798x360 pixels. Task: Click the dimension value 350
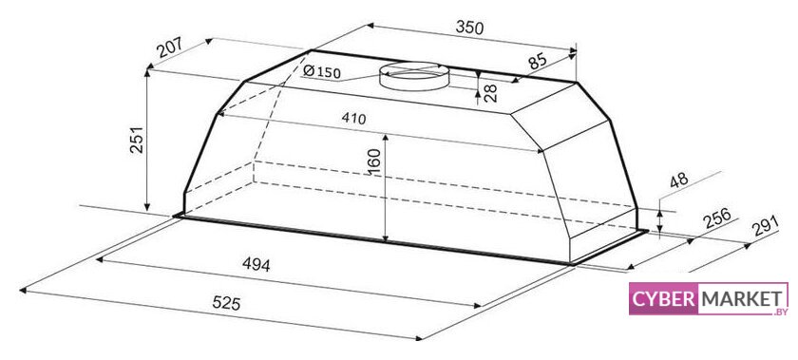pyautogui.click(x=468, y=28)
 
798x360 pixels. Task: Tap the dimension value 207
pyautogui.click(x=169, y=47)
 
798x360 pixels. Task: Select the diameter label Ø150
pyautogui.click(x=321, y=72)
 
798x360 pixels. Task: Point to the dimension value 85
pyautogui.click(x=538, y=61)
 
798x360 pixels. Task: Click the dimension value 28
pyautogui.click(x=489, y=93)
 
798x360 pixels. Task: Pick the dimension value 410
pyautogui.click(x=353, y=118)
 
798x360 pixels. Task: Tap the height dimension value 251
pyautogui.click(x=136, y=140)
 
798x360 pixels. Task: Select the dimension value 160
pyautogui.click(x=374, y=162)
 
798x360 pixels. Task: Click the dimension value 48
pyautogui.click(x=678, y=180)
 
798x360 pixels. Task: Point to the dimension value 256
pyautogui.click(x=716, y=218)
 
